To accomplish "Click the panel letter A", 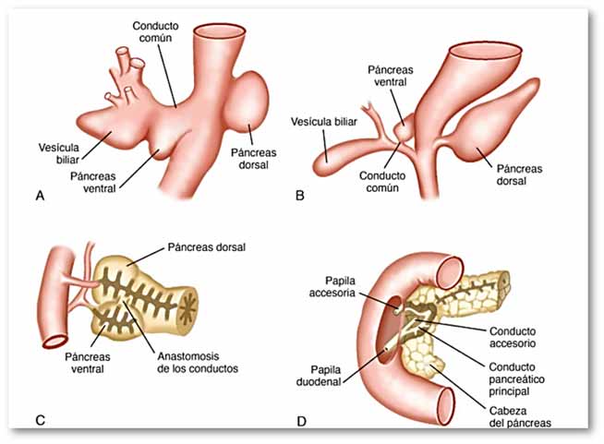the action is point(40,196).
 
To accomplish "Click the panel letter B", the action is point(300,196).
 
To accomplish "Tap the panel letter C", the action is point(40,420).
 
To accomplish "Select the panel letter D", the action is point(302,421).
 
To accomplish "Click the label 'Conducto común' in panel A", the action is point(156,32).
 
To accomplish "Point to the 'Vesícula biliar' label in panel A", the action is point(59,153).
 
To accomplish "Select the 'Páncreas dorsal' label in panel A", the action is point(253,159).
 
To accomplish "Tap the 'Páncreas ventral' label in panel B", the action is point(391,76).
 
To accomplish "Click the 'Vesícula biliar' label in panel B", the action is point(324,122).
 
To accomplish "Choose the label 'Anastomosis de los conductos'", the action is point(198,363).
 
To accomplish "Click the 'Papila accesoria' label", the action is point(332,286).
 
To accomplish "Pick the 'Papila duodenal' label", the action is point(319,376).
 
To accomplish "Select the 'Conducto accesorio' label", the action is point(513,337).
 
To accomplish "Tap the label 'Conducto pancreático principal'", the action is point(516,379).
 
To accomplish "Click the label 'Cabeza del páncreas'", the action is point(520,417).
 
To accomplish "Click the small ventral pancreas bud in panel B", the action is point(405,128).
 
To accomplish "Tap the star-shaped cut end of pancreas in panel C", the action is point(187,308).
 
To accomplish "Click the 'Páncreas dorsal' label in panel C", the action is point(207,247).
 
